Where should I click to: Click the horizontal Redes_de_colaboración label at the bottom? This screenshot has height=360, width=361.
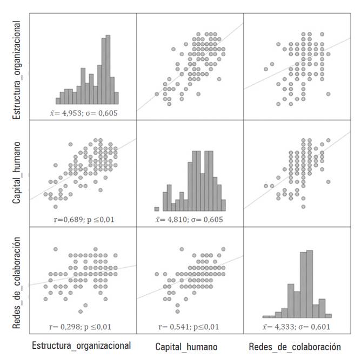click(295, 346)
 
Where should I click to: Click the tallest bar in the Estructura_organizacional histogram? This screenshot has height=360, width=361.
click(108, 70)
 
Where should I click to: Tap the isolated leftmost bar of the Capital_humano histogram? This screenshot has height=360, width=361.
click(157, 209)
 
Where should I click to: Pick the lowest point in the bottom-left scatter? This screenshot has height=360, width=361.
click(81, 311)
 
